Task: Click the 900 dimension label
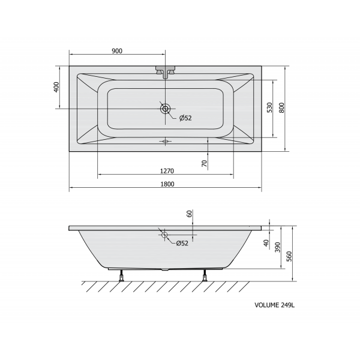[x=117, y=51]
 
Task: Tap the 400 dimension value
[x=56, y=87]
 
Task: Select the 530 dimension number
[x=269, y=107]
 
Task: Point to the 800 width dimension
[x=281, y=107]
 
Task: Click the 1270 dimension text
[x=167, y=171]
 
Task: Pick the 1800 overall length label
[x=167, y=184]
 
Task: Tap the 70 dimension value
[x=205, y=163]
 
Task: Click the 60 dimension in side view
[x=189, y=214]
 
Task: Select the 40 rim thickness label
[x=266, y=243]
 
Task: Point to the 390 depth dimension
[x=278, y=247]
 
